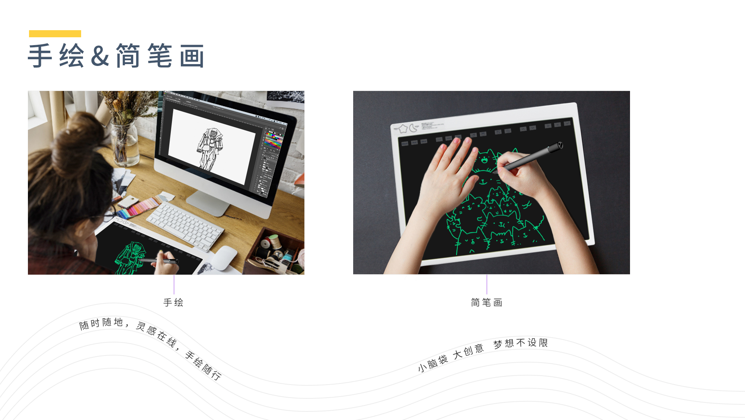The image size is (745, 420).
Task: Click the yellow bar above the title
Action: [x=55, y=34]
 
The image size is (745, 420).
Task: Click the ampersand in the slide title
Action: [x=100, y=56]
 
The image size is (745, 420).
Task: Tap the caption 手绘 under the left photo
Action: [x=173, y=302]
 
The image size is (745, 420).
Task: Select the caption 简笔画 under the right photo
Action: [x=487, y=302]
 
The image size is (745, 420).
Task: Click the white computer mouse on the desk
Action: [x=225, y=257]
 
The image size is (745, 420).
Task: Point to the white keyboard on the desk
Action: [x=185, y=226]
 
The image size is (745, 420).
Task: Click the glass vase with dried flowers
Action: [x=125, y=143]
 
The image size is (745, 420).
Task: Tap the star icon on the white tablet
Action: [x=403, y=129]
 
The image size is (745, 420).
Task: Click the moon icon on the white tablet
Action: [x=413, y=128]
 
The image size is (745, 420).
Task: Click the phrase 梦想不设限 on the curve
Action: [x=521, y=343]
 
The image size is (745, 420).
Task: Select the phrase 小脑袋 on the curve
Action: [x=433, y=363]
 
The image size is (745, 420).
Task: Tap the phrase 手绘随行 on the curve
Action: [x=203, y=365]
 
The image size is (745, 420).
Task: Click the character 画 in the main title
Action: [x=192, y=56]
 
